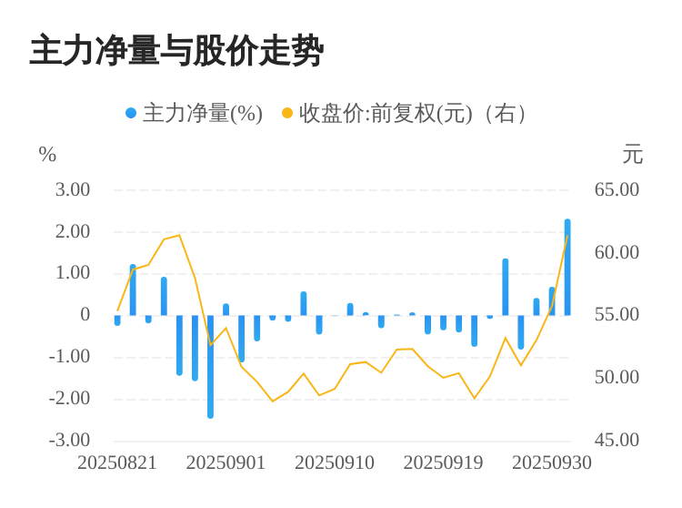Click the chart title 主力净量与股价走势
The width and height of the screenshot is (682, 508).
click(176, 51)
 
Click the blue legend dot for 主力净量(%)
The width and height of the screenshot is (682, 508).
click(131, 114)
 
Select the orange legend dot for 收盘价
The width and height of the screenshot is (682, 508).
click(287, 114)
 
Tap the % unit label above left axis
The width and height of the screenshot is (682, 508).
click(47, 156)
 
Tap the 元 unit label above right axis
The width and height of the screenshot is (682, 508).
click(632, 155)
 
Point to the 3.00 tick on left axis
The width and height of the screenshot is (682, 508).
click(73, 190)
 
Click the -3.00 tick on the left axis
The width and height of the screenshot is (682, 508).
click(69, 440)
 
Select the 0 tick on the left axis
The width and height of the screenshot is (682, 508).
click(85, 315)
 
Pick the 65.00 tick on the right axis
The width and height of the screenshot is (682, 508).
click(617, 190)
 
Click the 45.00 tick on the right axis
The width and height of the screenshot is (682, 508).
click(617, 440)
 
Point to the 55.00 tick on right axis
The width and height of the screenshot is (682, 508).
click(617, 315)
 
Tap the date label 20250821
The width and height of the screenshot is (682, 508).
click(117, 462)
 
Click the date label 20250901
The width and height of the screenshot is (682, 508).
click(226, 462)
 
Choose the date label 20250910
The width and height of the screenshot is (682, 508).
click(335, 462)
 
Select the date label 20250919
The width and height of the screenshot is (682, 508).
click(443, 462)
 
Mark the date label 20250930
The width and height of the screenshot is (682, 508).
click(552, 462)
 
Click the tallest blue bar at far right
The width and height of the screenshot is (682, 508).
click(567, 267)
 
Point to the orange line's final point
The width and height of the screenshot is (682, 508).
click(567, 236)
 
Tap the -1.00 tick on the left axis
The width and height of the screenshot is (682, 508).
click(69, 357)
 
